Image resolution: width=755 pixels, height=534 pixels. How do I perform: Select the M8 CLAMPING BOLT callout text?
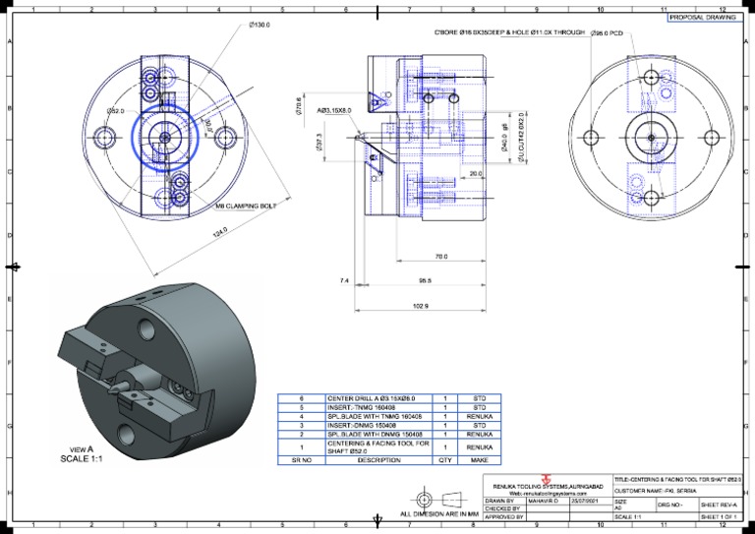click(247, 207)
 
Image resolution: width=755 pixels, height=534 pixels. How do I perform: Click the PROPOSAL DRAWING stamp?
click(704, 18)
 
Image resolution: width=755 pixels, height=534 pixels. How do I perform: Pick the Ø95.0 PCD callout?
click(608, 33)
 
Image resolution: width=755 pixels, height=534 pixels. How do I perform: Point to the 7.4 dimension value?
click(343, 281)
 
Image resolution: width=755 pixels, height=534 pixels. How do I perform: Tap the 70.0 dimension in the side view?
click(440, 257)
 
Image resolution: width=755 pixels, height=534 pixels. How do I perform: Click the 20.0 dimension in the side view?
click(476, 174)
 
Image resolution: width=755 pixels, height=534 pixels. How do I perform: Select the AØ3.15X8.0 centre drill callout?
click(335, 111)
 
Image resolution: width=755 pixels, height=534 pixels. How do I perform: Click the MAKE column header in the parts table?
click(480, 459)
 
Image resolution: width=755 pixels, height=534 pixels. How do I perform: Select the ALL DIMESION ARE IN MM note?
click(438, 514)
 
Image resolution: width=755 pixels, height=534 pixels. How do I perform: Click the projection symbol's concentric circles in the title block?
click(426, 495)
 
